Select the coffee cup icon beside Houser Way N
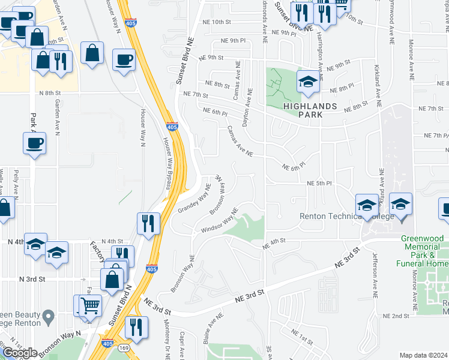pos(124,60)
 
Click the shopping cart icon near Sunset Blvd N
pos(90,306)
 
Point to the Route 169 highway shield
pos(123,347)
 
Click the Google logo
pos(19,353)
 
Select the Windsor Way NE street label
pos(220,221)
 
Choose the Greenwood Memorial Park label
pos(424,251)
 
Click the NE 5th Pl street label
pos(319,183)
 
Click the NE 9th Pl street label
pos(234,41)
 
